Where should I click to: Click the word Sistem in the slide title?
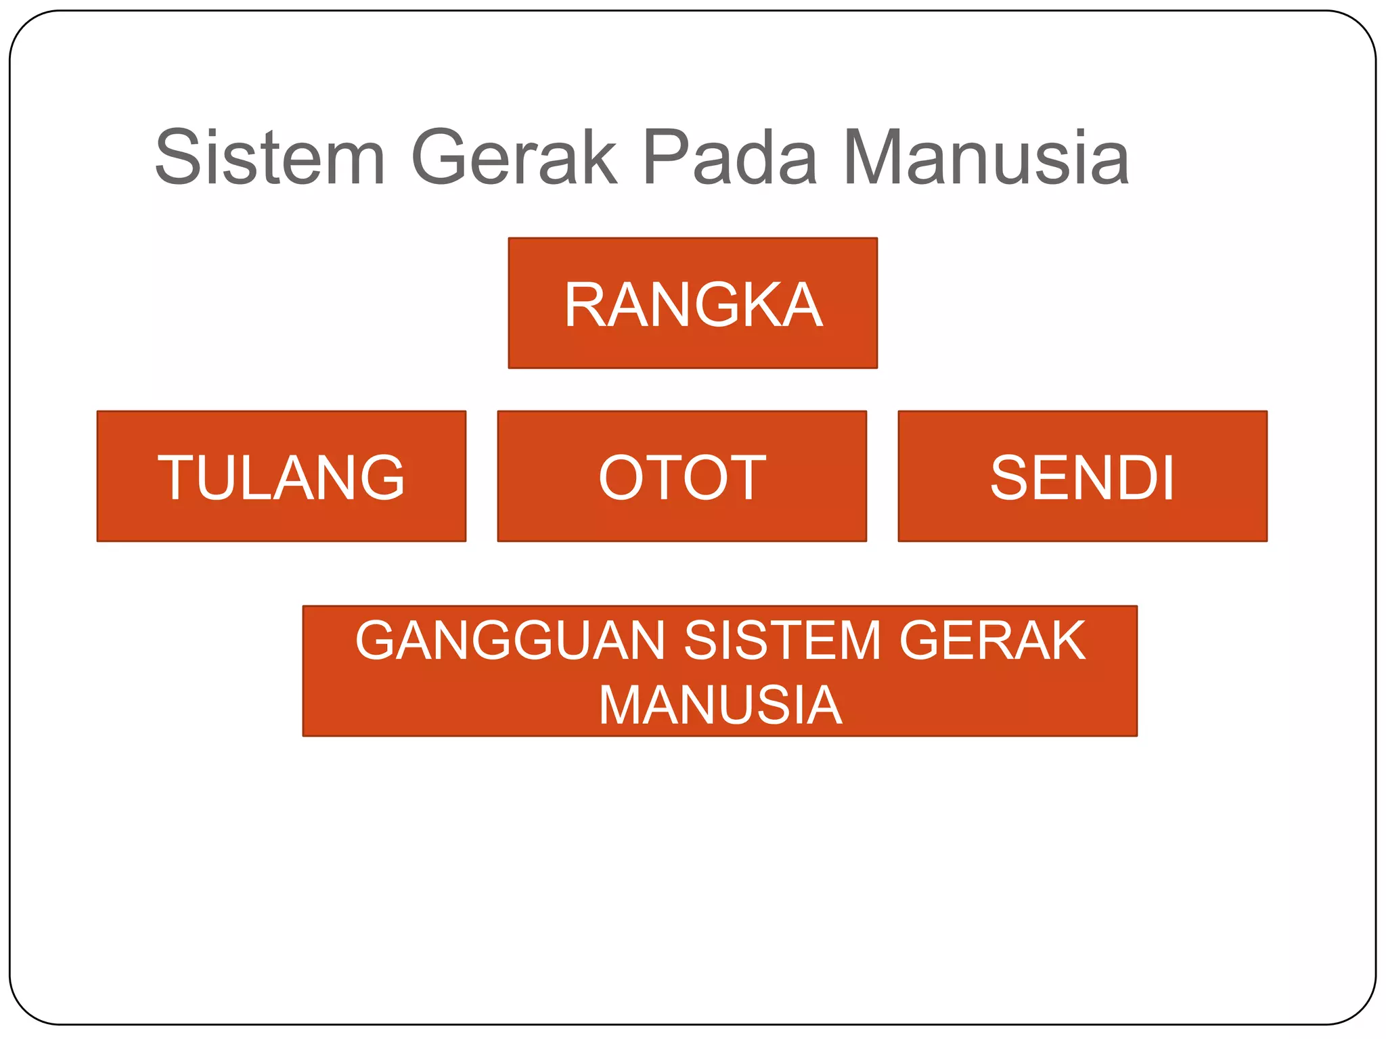pos(269,158)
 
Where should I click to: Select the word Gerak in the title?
pos(514,158)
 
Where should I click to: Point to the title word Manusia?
pos(985,158)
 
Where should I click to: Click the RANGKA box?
pos(692,303)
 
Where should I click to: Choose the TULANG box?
pos(281,477)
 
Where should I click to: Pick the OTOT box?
pos(681,477)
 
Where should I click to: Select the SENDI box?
pos(1082,477)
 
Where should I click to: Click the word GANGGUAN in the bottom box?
pos(510,641)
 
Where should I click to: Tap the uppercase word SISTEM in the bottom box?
pos(782,641)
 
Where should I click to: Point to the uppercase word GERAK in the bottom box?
pos(992,641)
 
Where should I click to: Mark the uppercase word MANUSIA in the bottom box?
pos(720,705)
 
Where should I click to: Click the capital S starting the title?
pos(179,158)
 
